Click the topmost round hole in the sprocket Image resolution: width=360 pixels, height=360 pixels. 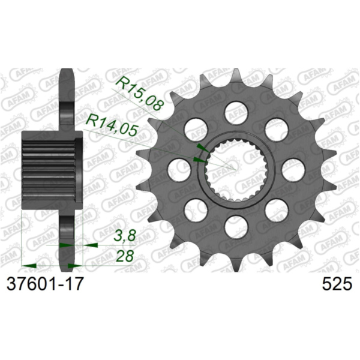coord(235,111)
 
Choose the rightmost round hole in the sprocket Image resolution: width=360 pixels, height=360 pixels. coord(292,169)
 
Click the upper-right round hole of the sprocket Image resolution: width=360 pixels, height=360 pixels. coord(275,128)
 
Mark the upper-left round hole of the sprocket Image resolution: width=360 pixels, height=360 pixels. coord(195,127)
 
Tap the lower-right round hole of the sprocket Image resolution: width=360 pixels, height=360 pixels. coord(275,209)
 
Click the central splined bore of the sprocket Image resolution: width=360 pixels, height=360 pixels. coord(235,169)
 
